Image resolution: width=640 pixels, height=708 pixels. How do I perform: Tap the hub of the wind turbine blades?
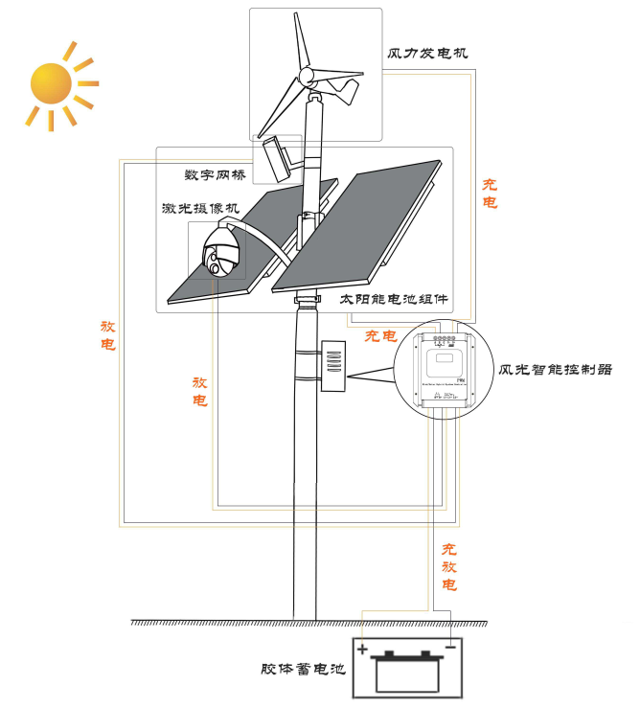point(308,76)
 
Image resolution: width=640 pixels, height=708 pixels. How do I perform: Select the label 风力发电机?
point(428,53)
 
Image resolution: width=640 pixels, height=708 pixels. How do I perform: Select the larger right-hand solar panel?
point(356,230)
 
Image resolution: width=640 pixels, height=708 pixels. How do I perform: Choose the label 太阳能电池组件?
point(395,299)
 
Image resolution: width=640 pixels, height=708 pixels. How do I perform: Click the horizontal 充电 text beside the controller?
point(381,336)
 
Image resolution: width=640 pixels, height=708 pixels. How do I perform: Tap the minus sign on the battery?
point(449,649)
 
